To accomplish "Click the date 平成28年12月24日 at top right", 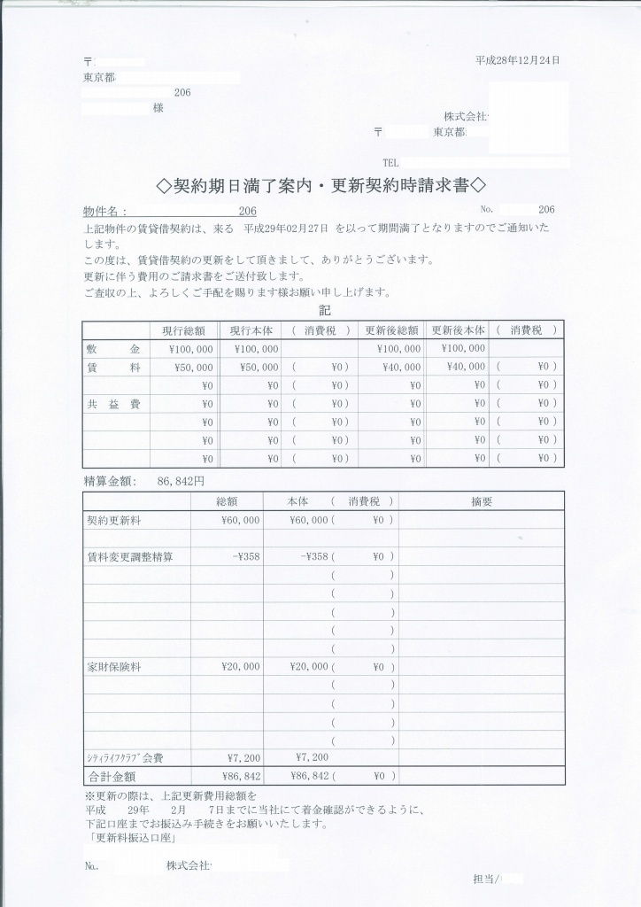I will (517, 60).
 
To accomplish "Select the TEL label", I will (391, 163).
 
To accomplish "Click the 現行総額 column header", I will (183, 330).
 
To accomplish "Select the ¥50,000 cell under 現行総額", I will (190, 367).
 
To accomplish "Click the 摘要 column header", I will (482, 501).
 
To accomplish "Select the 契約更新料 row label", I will (111, 521).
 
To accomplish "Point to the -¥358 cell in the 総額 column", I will (245, 557).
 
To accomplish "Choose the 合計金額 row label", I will (112, 776).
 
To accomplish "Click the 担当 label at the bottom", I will (486, 879).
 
